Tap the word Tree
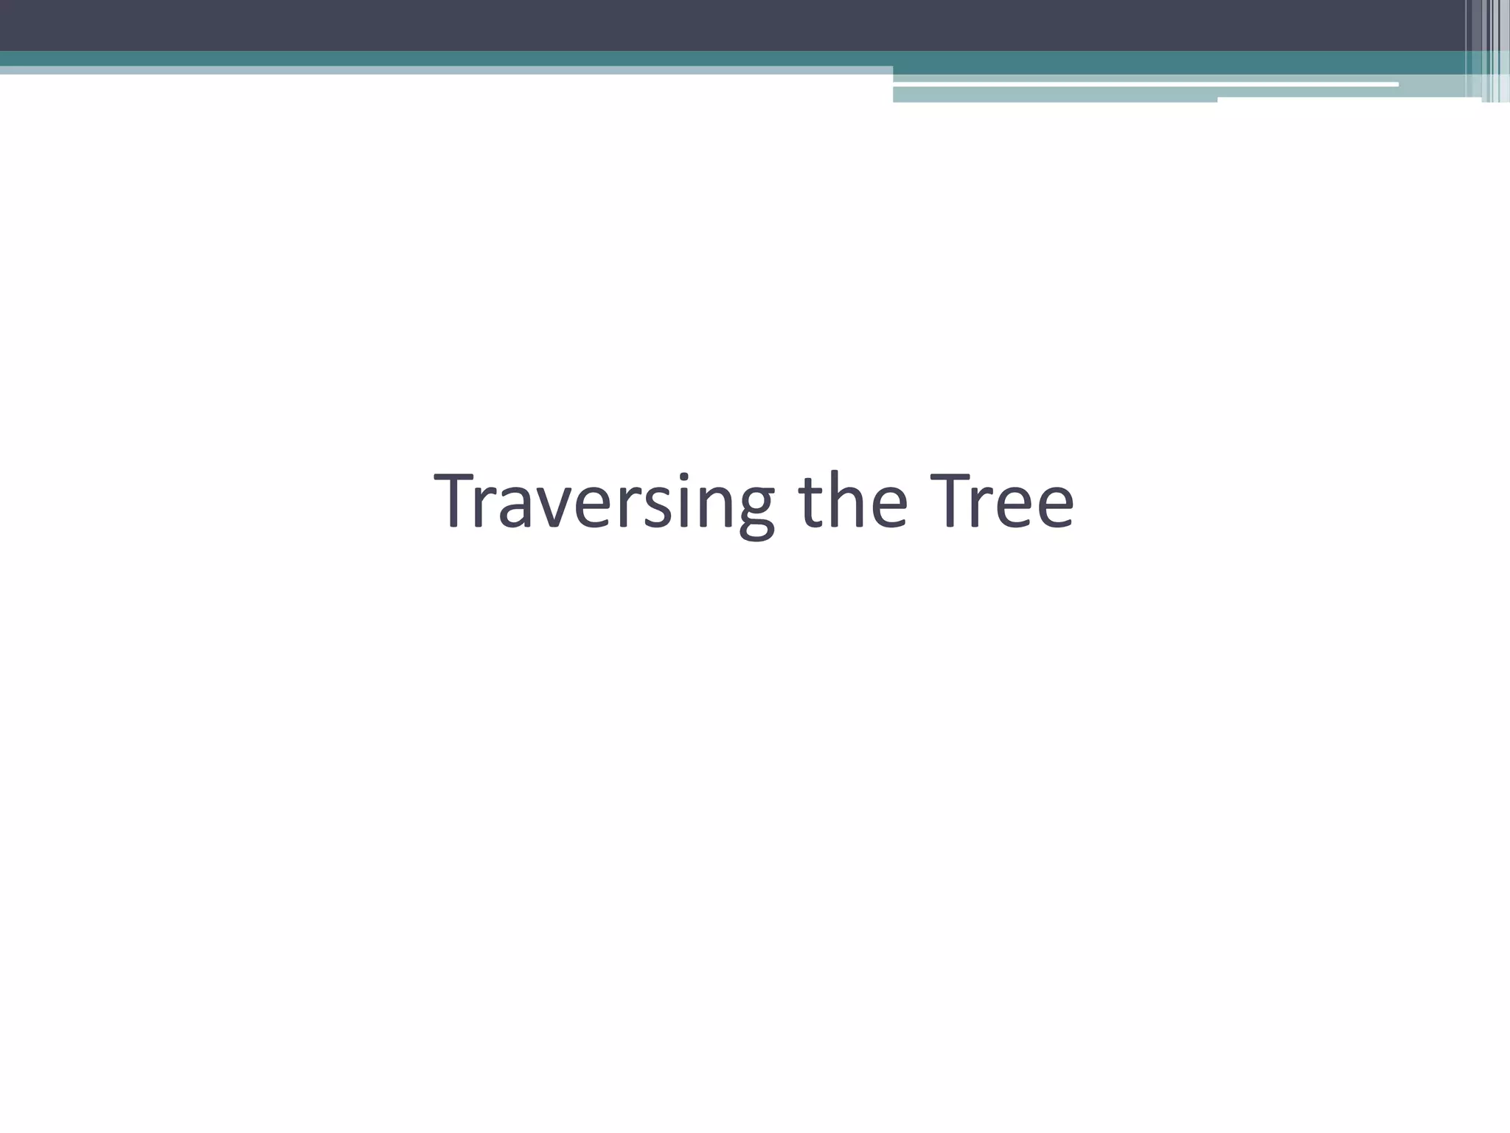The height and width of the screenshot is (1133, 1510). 1001,502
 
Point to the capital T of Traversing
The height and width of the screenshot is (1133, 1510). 458,502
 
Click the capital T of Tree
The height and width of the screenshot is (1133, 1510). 952,502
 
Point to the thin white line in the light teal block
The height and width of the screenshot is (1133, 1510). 1143,85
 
